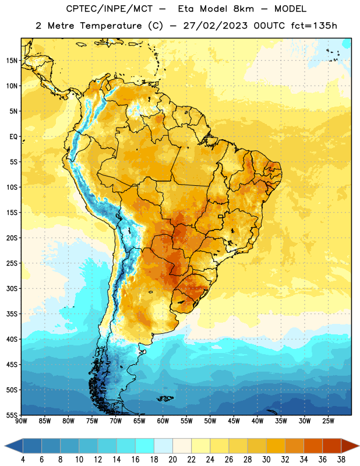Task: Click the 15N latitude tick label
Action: point(12,61)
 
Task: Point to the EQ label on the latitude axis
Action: point(13,137)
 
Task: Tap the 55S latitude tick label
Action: point(12,415)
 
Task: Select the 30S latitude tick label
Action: point(12,288)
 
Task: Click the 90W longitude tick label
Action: point(21,421)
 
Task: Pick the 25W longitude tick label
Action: point(328,421)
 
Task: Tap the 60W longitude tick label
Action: point(163,421)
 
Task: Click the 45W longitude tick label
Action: point(234,421)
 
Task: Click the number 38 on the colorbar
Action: point(341,460)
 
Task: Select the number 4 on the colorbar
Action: point(23,460)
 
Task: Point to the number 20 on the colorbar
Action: point(172,460)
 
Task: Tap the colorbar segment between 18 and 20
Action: point(164,446)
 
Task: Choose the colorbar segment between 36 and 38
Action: point(332,446)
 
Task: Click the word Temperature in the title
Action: point(111,26)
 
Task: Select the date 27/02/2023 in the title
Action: point(215,26)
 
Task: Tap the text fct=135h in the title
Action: point(314,26)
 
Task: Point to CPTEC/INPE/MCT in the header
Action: point(110,9)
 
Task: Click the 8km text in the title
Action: point(243,9)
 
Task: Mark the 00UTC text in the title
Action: point(269,26)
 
